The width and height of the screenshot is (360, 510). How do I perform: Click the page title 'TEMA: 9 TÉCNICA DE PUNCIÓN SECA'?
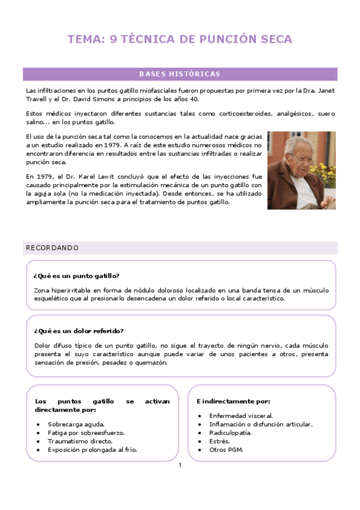point(180,40)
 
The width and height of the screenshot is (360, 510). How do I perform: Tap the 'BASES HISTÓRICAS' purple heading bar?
point(180,75)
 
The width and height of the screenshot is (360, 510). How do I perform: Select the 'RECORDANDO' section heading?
point(52,248)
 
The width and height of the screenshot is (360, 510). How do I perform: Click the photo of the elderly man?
point(301,170)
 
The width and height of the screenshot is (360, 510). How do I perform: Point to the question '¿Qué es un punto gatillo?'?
point(76,276)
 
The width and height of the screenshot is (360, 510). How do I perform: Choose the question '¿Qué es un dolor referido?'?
point(79,331)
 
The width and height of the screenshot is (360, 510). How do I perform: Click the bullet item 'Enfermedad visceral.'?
point(240,416)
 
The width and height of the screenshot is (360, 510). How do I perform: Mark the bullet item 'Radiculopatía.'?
point(230,432)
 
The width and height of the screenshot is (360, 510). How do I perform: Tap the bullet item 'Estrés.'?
point(219,441)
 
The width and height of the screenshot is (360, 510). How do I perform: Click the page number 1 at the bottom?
point(180,465)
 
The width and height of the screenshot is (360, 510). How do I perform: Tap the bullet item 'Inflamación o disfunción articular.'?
point(260,424)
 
